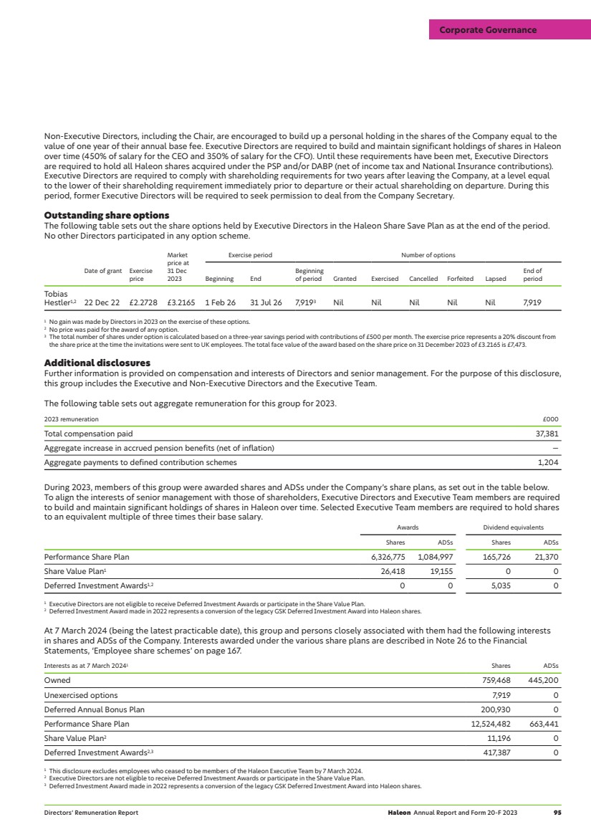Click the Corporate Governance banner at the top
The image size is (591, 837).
click(x=487, y=30)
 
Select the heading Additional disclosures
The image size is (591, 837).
click(x=97, y=363)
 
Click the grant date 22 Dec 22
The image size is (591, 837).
click(x=102, y=303)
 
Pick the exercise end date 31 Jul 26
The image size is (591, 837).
click(x=266, y=303)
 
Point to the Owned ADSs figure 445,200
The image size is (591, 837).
click(x=542, y=681)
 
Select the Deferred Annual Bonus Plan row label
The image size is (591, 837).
click(x=94, y=709)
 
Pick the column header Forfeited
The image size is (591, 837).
click(x=461, y=279)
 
